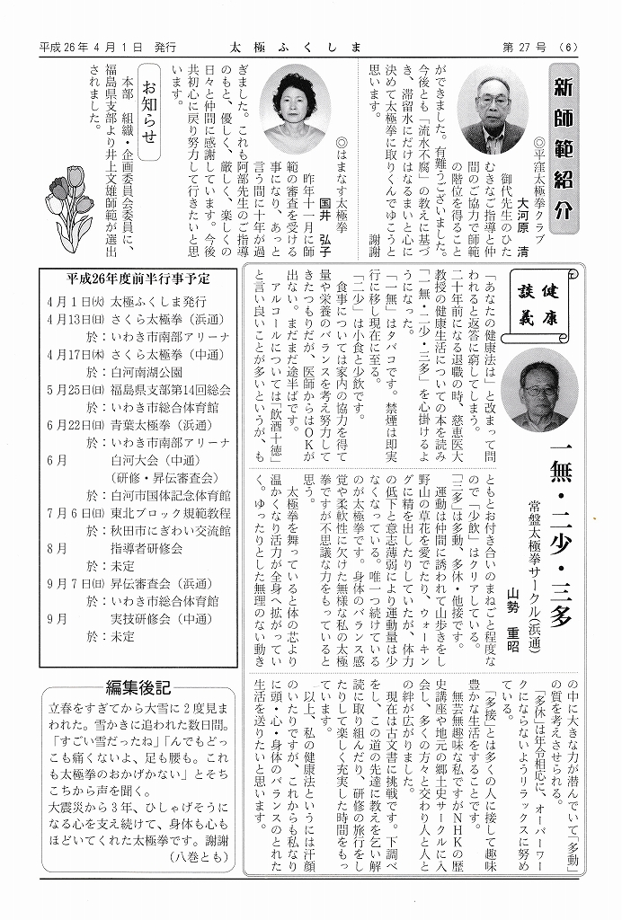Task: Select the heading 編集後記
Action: point(138,687)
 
